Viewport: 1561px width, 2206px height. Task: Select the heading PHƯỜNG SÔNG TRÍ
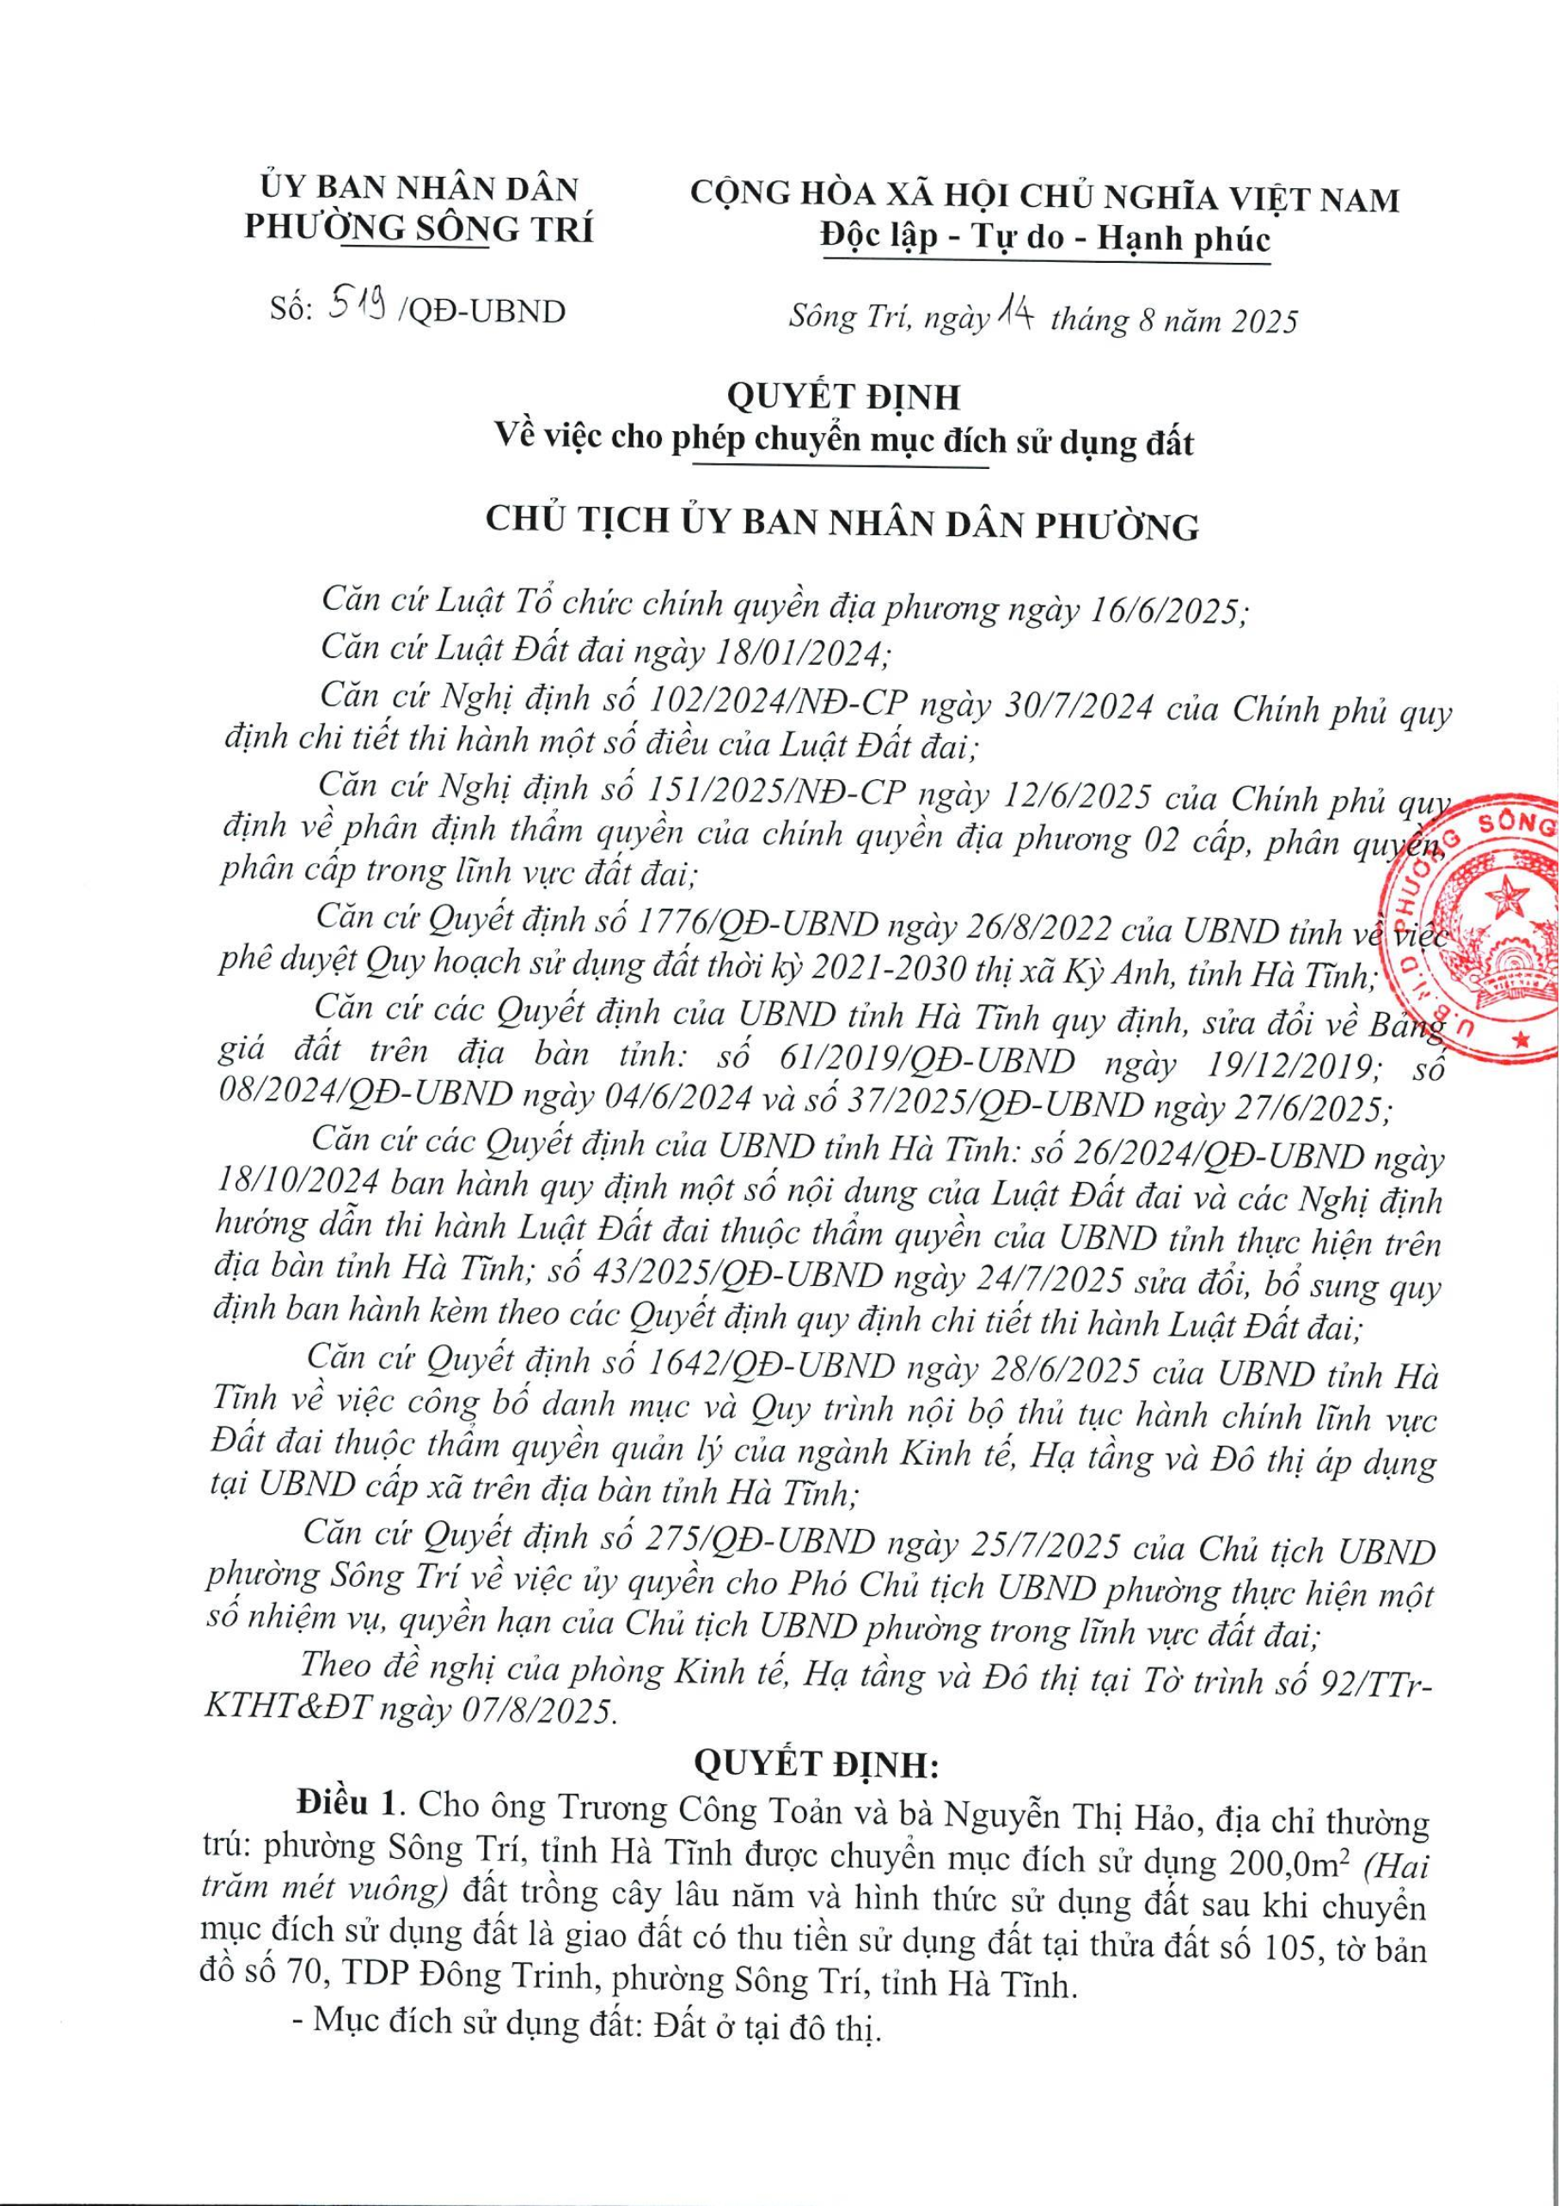(419, 229)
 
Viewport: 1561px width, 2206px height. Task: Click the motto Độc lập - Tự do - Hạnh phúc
(1045, 237)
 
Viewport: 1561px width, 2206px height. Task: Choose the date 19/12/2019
(1279, 1063)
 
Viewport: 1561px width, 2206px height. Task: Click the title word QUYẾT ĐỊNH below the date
(843, 396)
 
